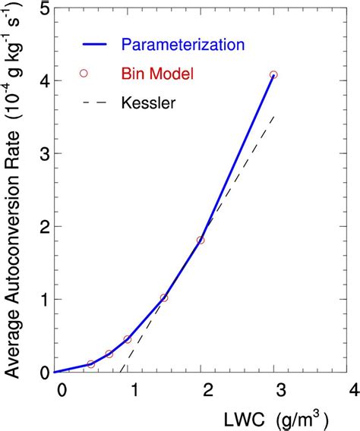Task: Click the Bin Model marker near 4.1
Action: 273,75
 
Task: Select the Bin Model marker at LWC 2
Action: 201,241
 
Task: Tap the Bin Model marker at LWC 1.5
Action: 164,298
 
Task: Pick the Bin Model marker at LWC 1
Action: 128,339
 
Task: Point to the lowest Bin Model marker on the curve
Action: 91,364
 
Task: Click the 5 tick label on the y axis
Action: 44,9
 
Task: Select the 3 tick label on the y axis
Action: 44,154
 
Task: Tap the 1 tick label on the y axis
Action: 44,299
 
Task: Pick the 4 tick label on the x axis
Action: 352,390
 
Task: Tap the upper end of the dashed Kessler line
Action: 273,116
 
